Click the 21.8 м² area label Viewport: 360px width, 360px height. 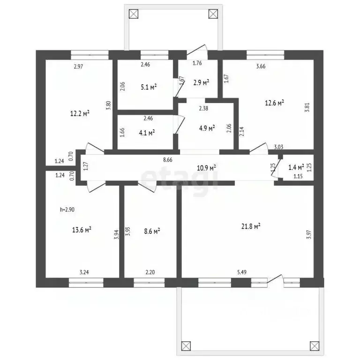(x=251, y=226)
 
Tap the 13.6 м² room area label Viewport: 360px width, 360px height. (x=82, y=230)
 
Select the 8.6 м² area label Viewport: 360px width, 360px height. (x=152, y=231)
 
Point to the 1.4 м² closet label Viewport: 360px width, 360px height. (x=296, y=167)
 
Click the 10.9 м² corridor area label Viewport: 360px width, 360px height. (x=206, y=168)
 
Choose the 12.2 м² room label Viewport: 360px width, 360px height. (x=80, y=113)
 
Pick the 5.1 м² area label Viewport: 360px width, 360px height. (x=149, y=87)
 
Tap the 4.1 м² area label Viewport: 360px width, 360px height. (x=147, y=133)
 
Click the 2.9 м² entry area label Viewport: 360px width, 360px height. (x=201, y=82)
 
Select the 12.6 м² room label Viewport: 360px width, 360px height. (x=274, y=103)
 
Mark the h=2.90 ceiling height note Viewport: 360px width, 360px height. (x=67, y=210)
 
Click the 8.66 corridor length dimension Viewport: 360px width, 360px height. (x=168, y=160)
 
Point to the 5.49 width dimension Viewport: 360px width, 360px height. (x=242, y=272)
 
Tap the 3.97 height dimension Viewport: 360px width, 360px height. (x=309, y=235)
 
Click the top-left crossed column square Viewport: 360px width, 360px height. (x=134, y=14)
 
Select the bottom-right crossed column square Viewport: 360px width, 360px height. (x=315, y=346)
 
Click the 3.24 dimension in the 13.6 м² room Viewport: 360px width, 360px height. (x=84, y=272)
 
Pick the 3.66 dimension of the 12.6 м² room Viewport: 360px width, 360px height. (x=261, y=67)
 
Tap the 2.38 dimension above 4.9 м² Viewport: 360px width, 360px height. (x=203, y=108)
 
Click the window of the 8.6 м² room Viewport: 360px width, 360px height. (x=149, y=283)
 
